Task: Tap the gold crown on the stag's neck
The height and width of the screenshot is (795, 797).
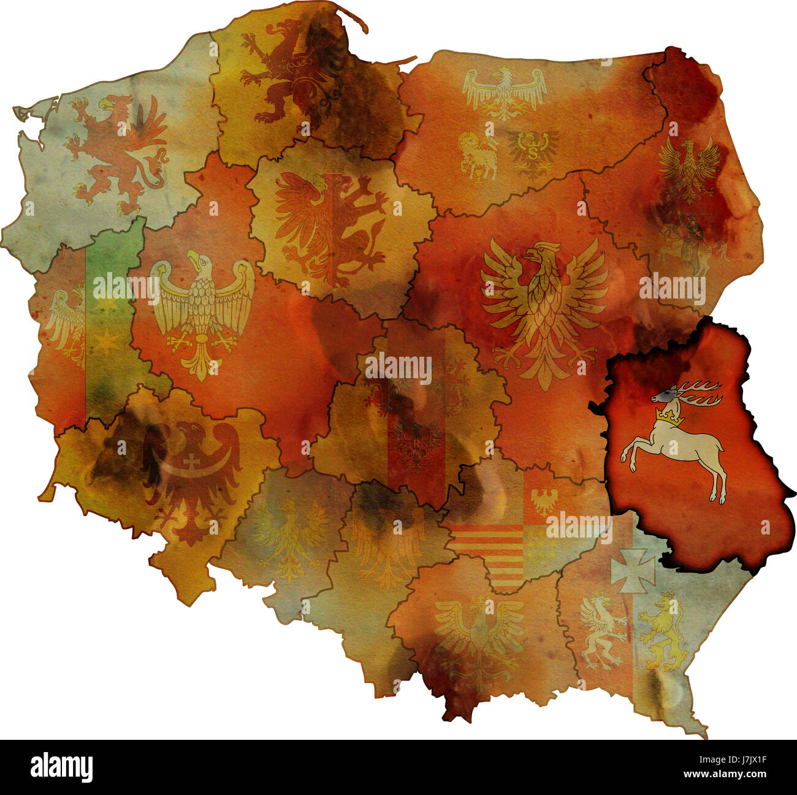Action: click(669, 417)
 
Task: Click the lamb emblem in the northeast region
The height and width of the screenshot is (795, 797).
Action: click(478, 156)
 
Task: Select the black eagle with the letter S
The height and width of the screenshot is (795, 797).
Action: click(532, 150)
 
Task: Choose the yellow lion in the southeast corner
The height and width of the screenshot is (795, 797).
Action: click(662, 634)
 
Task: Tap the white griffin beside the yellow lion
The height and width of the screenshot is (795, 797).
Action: click(602, 631)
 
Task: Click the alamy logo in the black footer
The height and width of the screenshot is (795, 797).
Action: click(61, 767)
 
